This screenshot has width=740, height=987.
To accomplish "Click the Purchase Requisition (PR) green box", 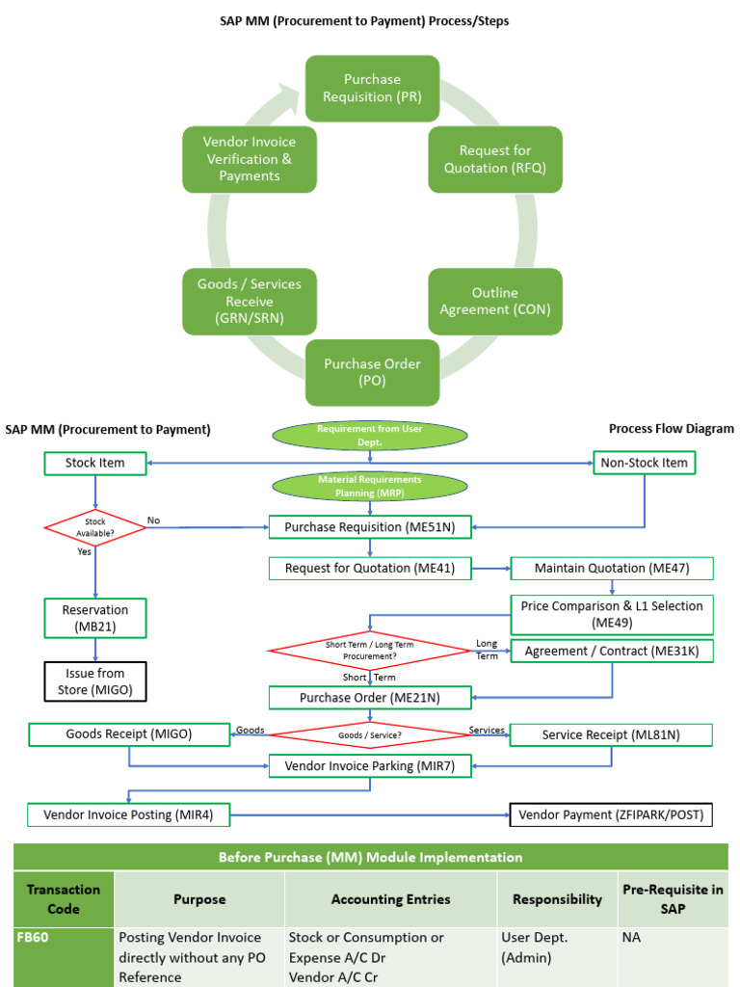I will [x=372, y=89].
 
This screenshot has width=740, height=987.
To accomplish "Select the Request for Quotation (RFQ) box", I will [x=495, y=159].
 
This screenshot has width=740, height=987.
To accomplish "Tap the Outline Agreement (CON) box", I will [x=495, y=301].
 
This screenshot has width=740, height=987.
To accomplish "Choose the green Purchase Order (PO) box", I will [x=372, y=372].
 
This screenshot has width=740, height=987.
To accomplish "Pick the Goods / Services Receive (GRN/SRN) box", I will [x=249, y=301].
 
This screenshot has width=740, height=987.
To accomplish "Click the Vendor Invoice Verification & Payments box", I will [x=249, y=159].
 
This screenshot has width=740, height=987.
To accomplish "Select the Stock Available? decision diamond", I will [x=95, y=527].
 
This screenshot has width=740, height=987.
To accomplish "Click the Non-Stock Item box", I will [x=644, y=463].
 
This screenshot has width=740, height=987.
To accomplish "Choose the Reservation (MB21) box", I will [x=94, y=618].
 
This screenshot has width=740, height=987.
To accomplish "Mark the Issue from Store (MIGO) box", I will [x=94, y=681].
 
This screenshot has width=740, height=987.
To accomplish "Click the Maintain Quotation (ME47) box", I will [x=612, y=568].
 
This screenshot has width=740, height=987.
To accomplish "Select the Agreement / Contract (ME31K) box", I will [x=612, y=652].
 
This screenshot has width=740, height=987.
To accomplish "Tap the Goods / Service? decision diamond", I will [x=370, y=735].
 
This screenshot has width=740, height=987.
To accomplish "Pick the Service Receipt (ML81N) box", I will [x=611, y=734].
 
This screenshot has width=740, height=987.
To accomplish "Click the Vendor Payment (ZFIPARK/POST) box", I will [x=611, y=814].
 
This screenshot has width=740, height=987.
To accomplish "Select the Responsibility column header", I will [x=557, y=899].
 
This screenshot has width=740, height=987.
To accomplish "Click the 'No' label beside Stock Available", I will [x=153, y=520].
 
